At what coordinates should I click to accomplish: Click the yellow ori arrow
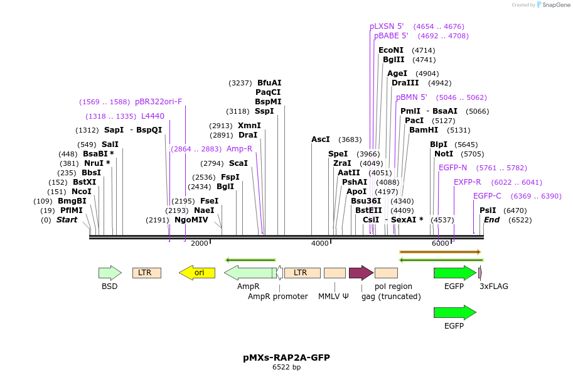(197, 273)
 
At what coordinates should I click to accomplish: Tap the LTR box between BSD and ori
(146, 273)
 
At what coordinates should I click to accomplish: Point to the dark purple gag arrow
(361, 273)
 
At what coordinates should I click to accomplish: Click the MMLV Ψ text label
(333, 297)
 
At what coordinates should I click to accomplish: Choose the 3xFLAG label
(494, 287)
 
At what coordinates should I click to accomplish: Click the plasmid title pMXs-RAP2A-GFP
(286, 358)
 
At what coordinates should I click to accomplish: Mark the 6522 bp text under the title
(286, 367)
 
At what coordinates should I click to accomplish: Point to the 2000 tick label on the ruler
(199, 243)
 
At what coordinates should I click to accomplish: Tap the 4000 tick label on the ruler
(320, 243)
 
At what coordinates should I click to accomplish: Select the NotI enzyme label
(444, 154)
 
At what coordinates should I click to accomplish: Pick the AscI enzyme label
(321, 139)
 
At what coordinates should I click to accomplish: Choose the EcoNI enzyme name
(391, 50)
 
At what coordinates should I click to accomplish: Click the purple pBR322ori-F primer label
(158, 102)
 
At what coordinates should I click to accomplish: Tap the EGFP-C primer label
(487, 196)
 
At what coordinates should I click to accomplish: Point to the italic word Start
(67, 220)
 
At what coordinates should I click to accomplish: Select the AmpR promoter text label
(277, 297)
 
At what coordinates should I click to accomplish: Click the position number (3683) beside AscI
(350, 139)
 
